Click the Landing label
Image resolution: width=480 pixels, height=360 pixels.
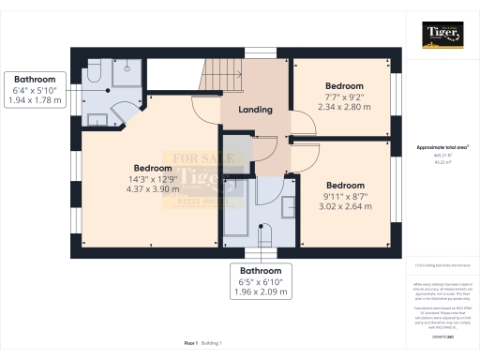point(255,110)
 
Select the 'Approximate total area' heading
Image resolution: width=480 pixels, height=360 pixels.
point(442,147)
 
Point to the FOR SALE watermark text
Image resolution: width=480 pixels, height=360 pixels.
point(195,159)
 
